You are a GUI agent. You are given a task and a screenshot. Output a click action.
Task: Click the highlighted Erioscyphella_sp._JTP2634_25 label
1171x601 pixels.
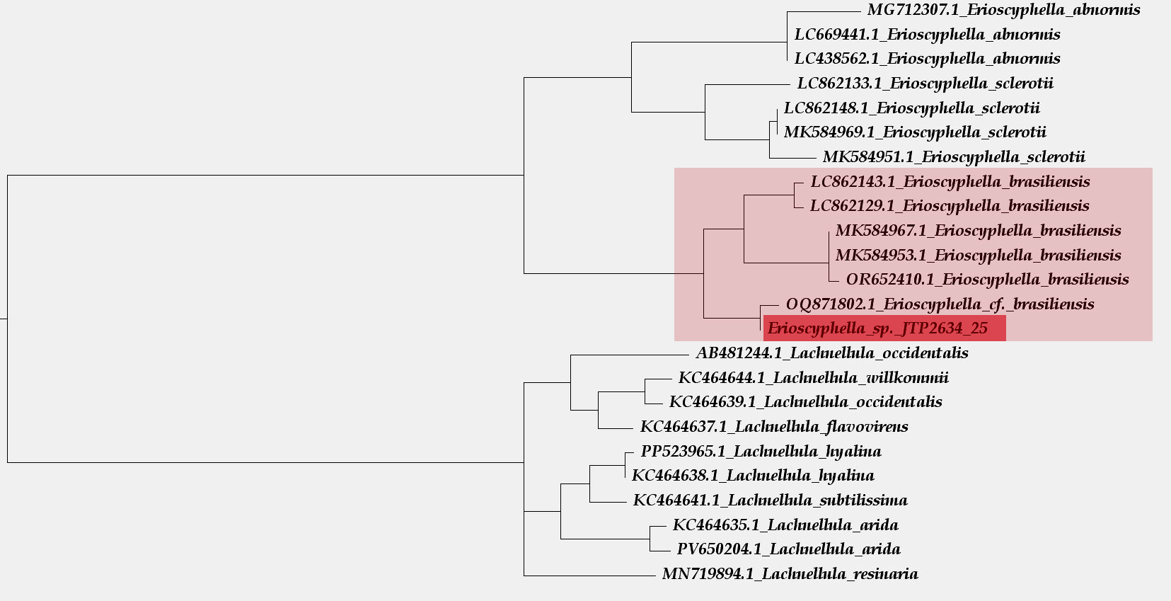(x=877, y=328)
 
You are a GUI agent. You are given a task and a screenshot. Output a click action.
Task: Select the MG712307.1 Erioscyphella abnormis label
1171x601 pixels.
(x=1003, y=10)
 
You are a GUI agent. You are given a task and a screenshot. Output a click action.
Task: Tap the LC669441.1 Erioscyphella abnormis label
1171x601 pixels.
(x=927, y=35)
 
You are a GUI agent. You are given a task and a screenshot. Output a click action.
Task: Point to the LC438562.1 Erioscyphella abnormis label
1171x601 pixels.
(x=927, y=59)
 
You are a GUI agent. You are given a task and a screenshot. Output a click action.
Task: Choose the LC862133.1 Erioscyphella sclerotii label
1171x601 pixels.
(x=925, y=84)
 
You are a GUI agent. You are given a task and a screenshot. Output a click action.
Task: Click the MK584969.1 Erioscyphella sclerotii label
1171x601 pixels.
(x=914, y=132)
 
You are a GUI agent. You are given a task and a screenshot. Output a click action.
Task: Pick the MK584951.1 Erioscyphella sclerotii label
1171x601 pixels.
(x=953, y=157)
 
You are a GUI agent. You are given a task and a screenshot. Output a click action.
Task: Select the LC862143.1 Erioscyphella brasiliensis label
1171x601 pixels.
(x=950, y=182)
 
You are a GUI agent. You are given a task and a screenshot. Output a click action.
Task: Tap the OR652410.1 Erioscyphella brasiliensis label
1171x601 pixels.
(x=987, y=280)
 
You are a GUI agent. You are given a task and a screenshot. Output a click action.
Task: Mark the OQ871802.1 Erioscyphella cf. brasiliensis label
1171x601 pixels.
(x=940, y=304)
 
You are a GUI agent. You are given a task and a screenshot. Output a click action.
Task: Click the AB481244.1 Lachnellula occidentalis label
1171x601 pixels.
(x=831, y=353)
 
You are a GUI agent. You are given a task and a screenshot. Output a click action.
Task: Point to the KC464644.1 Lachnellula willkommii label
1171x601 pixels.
(x=813, y=378)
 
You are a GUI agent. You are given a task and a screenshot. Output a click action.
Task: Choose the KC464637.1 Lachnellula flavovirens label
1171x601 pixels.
(x=773, y=427)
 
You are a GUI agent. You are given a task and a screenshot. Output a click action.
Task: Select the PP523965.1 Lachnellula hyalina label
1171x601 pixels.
(x=761, y=452)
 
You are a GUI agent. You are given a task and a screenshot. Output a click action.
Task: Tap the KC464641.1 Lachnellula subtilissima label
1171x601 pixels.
(x=770, y=500)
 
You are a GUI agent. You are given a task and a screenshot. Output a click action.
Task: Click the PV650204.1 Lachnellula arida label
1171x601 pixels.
(x=788, y=549)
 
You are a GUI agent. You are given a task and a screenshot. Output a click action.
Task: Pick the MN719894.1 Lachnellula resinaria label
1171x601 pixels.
(x=790, y=574)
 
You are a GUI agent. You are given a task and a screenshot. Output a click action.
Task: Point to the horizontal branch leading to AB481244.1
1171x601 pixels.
(x=629, y=355)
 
